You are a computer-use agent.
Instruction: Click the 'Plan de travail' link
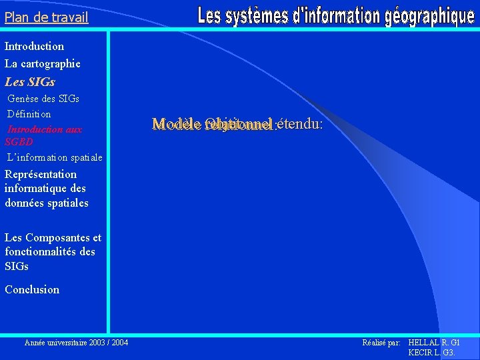[46, 18]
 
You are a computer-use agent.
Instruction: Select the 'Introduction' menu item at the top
[35, 47]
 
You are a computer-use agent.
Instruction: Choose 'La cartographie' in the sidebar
[43, 64]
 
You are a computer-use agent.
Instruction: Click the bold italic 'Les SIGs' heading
[30, 82]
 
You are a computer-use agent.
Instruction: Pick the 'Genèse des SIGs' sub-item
[43, 99]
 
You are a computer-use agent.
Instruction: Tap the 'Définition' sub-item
[29, 114]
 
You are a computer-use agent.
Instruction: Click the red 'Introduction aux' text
[45, 129]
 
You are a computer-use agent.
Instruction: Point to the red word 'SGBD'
[19, 142]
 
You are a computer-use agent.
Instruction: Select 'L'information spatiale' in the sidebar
[55, 158]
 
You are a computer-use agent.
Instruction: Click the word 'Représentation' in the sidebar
[41, 175]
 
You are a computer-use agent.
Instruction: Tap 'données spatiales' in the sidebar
[47, 203]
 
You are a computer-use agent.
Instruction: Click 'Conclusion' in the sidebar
[32, 289]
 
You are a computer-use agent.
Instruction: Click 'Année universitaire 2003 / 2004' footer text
[76, 343]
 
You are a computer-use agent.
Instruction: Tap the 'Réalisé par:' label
[381, 343]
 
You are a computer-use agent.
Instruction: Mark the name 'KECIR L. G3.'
[431, 353]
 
